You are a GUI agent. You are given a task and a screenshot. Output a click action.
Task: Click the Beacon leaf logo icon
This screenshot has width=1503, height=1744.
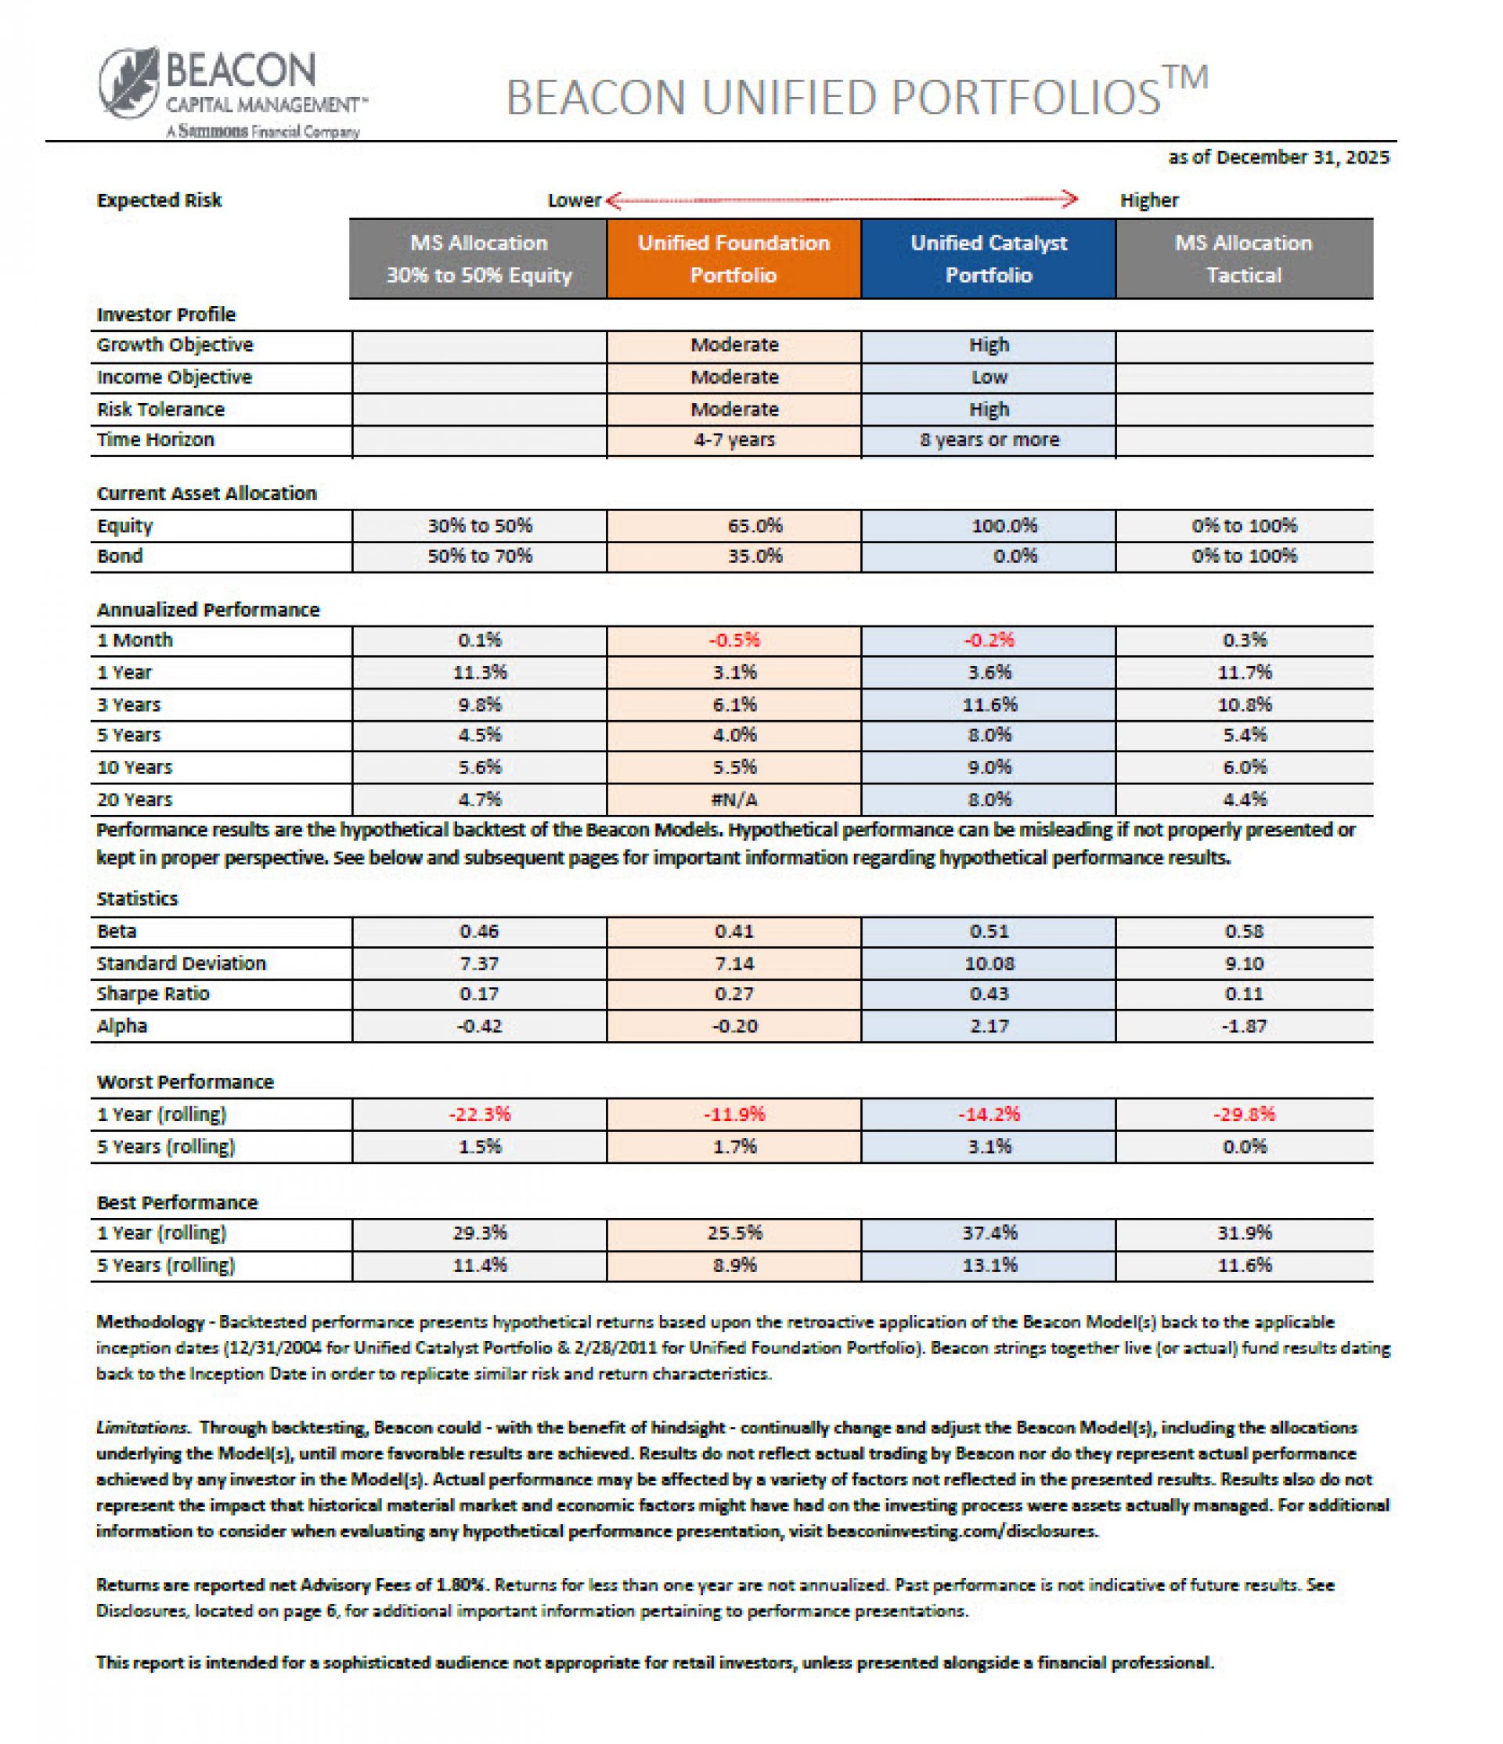(128, 81)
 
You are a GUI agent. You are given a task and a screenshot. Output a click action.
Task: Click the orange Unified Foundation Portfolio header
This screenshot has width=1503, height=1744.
(733, 258)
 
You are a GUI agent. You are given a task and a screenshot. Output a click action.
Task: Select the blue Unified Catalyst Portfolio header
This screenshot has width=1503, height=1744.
(988, 258)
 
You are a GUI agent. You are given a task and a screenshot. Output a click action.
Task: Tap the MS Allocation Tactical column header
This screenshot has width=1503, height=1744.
(1243, 258)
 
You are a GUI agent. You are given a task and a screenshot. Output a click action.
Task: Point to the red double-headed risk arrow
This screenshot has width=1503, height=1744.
(841, 200)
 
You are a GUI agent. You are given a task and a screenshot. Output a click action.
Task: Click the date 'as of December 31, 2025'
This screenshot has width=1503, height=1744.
(1278, 157)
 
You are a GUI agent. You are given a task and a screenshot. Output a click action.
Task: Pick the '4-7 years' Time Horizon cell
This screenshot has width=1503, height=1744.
(733, 439)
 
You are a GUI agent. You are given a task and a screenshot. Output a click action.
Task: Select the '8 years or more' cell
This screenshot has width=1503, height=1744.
(989, 439)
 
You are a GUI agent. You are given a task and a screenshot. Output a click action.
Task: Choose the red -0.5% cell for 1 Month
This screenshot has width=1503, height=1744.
(733, 640)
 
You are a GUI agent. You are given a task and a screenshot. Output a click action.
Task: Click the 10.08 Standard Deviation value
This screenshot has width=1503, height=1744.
(989, 963)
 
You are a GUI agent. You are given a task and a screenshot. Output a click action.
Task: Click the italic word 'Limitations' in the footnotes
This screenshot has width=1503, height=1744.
(142, 1428)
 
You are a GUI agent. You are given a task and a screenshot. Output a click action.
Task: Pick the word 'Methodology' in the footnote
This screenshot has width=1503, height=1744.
(150, 1321)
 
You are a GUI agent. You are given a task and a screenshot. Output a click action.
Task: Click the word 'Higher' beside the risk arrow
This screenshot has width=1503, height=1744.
(1148, 200)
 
